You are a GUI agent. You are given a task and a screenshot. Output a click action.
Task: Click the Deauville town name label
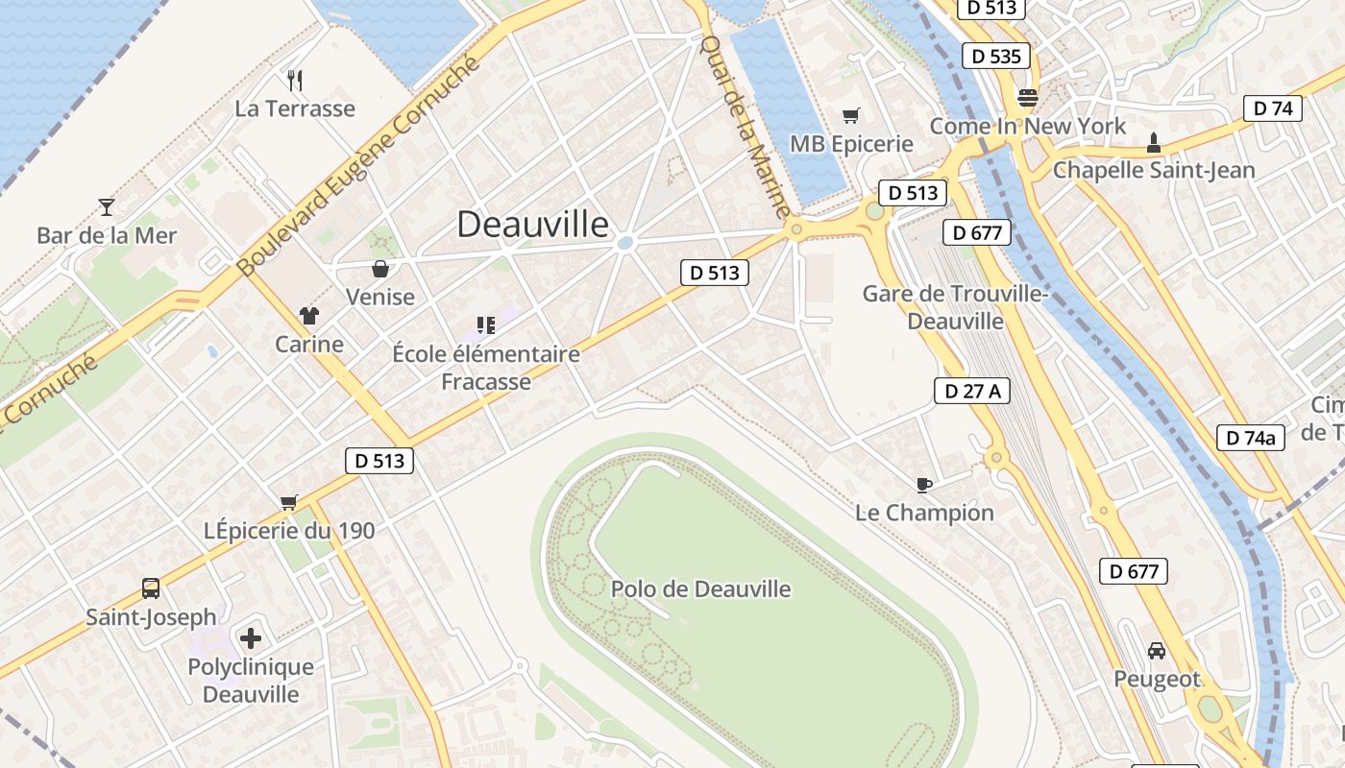tap(532, 224)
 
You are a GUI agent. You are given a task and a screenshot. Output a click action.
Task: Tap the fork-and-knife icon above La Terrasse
tap(295, 80)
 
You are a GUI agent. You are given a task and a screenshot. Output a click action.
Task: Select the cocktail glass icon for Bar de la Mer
tap(107, 206)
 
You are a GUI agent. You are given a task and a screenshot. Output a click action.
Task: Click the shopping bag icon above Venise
tap(380, 268)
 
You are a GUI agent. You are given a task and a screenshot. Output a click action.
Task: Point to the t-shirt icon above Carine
tap(308, 315)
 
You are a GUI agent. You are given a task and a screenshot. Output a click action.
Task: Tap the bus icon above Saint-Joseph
tap(151, 588)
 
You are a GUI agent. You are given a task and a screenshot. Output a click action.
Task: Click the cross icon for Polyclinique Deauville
tap(251, 637)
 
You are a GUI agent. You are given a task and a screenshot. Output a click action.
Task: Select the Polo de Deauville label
tap(701, 588)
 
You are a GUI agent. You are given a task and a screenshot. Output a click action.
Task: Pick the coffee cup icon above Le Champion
tap(924, 484)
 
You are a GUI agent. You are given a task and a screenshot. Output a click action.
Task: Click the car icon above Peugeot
tap(1157, 650)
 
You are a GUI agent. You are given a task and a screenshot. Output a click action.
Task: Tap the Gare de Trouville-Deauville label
tap(954, 307)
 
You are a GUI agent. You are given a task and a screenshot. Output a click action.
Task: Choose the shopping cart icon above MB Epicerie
tap(850, 116)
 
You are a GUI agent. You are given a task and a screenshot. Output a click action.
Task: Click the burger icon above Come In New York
tap(1028, 97)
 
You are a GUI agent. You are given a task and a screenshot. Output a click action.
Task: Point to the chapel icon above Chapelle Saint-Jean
tap(1154, 143)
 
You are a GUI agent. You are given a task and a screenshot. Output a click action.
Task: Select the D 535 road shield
tap(996, 56)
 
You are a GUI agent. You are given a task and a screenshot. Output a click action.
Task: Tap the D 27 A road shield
tap(972, 391)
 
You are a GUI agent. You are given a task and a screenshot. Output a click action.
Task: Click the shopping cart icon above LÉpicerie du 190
tap(288, 501)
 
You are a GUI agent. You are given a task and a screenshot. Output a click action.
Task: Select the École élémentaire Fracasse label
tap(486, 368)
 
